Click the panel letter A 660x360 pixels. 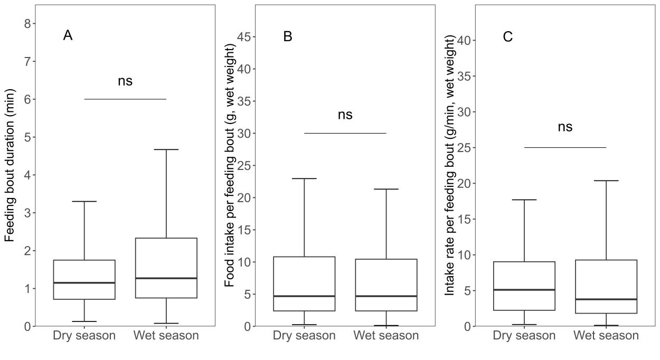(68, 35)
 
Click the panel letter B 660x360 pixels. (288, 36)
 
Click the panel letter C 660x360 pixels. (507, 36)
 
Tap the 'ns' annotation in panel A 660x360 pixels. (125, 81)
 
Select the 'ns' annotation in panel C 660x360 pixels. (565, 127)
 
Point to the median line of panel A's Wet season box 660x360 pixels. (166, 278)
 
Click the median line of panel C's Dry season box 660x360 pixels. (524, 290)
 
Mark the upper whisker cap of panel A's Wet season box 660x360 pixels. (166, 150)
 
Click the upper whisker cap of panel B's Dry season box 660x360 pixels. (304, 178)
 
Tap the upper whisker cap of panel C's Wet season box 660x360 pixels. (606, 181)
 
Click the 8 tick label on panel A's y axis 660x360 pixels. (27, 24)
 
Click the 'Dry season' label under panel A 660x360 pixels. (84, 336)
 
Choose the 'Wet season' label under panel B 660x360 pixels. (386, 336)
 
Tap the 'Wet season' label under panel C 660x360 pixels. (606, 336)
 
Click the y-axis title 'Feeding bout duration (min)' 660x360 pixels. (10, 165)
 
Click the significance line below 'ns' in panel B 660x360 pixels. (345, 133)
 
